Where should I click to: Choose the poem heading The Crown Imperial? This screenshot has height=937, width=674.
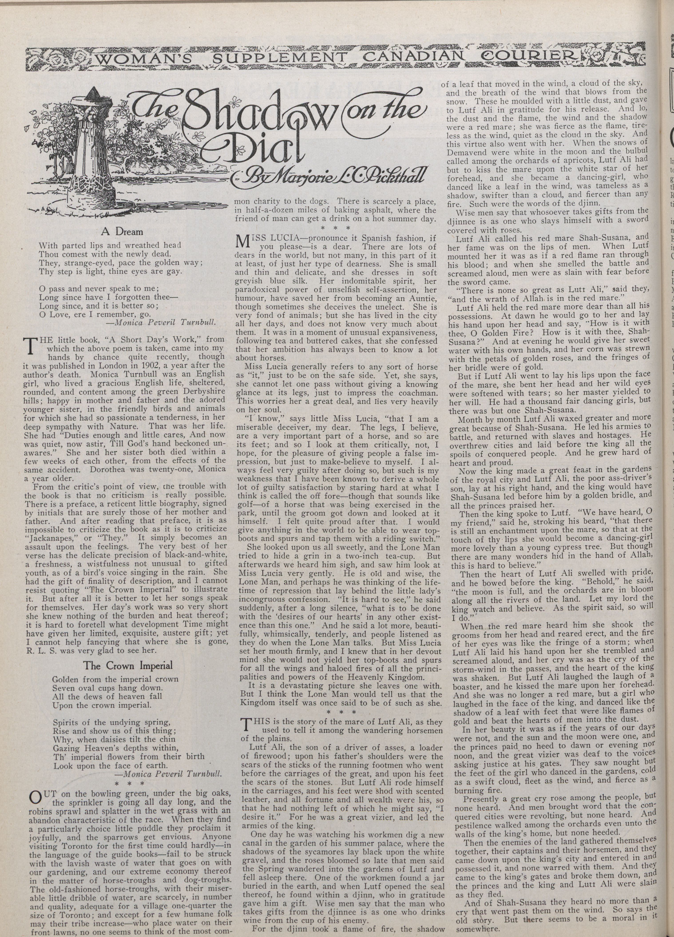point(128,665)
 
